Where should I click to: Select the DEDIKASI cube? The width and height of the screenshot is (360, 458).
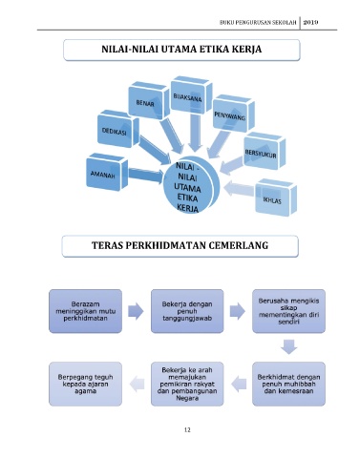118,129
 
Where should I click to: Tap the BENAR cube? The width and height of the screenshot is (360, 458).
149,100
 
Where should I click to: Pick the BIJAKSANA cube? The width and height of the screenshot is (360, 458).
191,94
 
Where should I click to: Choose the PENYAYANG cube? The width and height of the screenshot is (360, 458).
233,114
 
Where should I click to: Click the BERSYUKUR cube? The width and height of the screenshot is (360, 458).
265,151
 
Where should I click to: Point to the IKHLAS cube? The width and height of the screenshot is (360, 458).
276,198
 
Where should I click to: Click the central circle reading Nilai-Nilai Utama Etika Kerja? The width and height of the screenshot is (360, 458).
191,185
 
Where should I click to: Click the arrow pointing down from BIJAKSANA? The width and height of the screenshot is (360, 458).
195,133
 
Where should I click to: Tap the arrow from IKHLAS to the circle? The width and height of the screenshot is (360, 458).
239,189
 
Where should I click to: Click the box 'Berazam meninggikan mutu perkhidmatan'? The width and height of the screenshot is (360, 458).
85,311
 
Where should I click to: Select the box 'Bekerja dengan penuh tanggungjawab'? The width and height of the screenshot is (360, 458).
187,311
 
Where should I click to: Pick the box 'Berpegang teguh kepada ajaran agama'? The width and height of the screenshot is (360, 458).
85,384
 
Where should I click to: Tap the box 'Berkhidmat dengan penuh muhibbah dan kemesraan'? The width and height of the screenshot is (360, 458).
288,384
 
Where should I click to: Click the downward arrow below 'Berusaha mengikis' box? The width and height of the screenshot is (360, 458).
289,347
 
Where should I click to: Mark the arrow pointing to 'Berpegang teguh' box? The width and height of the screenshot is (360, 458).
137,384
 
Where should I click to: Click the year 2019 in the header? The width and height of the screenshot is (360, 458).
310,22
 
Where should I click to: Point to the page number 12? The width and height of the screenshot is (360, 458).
187,430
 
